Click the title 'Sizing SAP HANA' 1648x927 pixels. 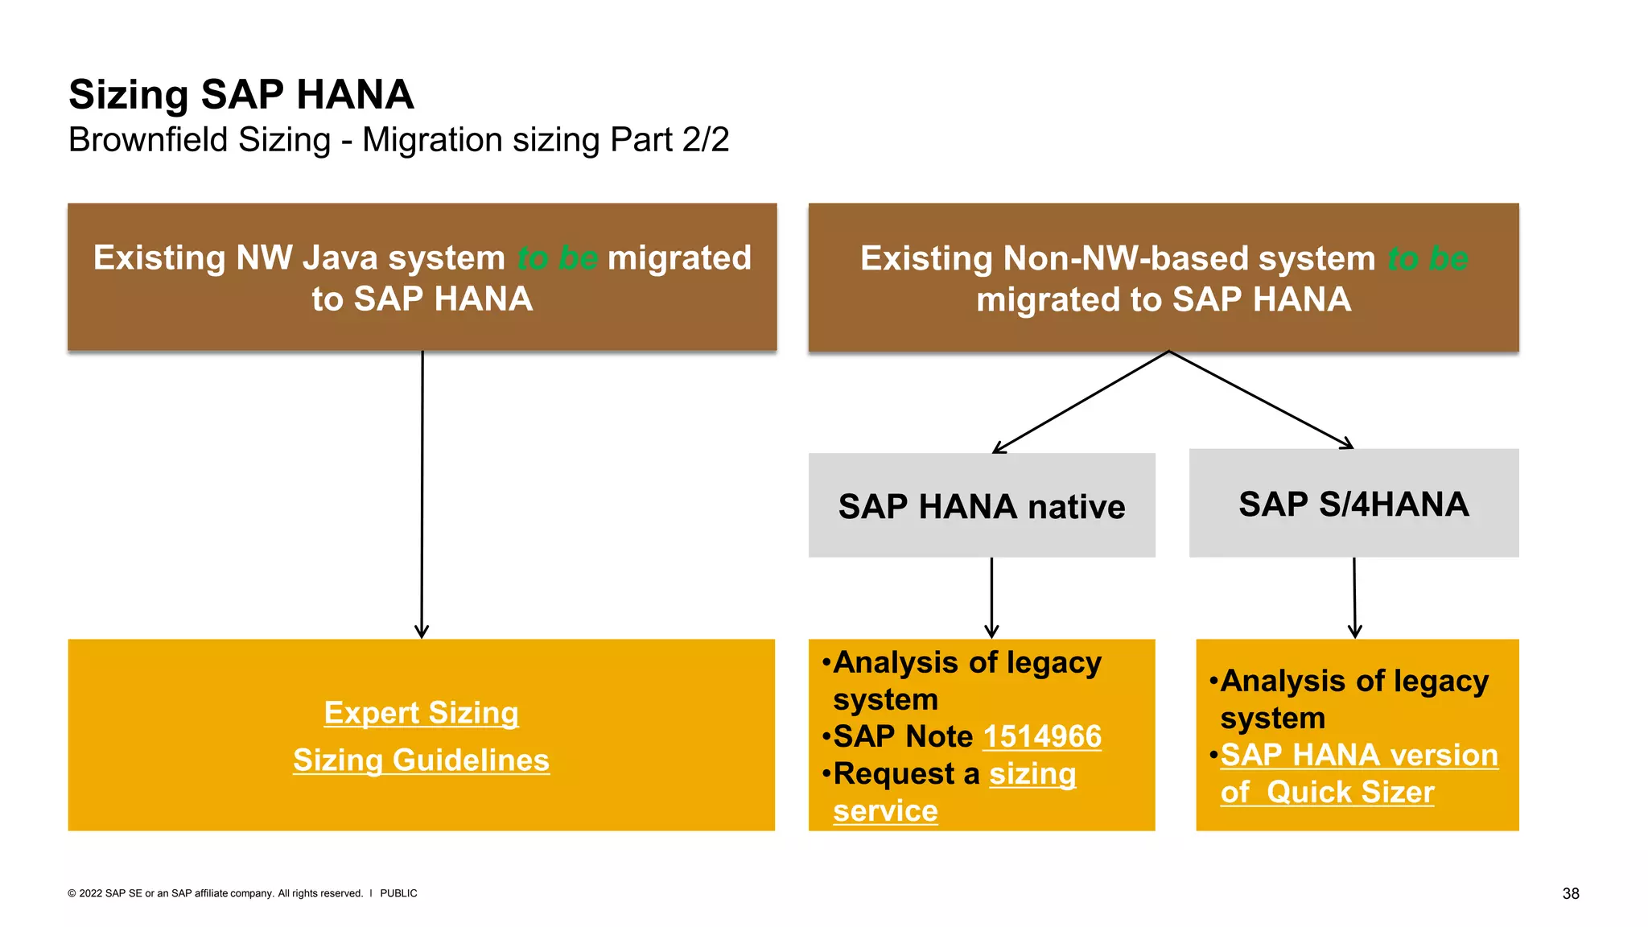pyautogui.click(x=241, y=94)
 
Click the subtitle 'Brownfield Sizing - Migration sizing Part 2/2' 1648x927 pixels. pyautogui.click(x=398, y=140)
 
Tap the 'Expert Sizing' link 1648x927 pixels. pyautogui.click(x=421, y=713)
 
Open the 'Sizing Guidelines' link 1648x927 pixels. pyautogui.click(x=421, y=760)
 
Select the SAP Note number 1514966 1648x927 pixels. pyautogui.click(x=1042, y=737)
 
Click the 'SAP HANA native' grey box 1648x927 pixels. pyautogui.click(x=982, y=506)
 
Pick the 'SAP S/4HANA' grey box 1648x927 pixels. pyautogui.click(x=1353, y=504)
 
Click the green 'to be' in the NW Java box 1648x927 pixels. pyautogui.click(x=557, y=258)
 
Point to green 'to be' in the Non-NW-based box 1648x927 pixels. pyautogui.click(x=1428, y=259)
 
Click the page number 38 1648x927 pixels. pyautogui.click(x=1570, y=893)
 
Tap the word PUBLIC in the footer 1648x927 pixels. pyautogui.click(x=398, y=893)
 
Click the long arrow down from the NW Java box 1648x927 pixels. pyautogui.click(x=422, y=495)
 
